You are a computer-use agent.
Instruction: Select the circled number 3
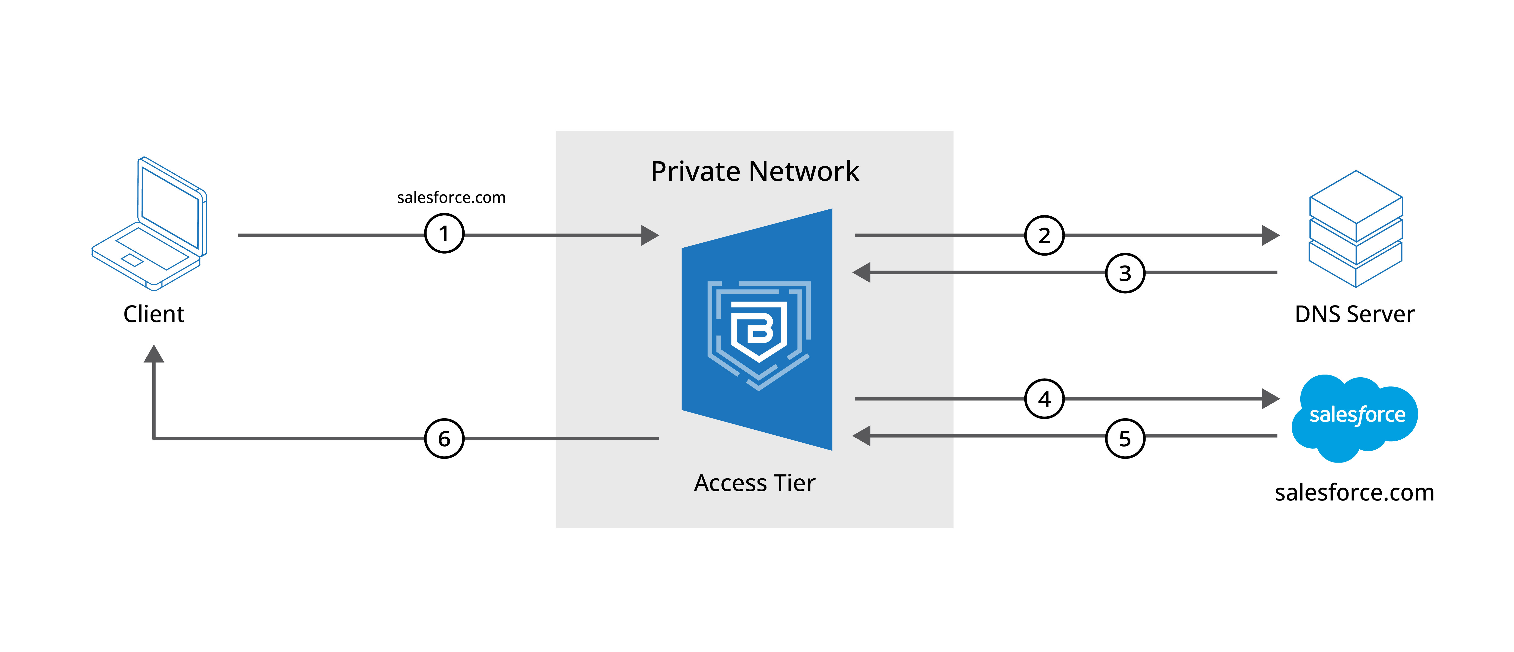[1125, 273]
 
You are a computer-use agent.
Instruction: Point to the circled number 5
[1125, 438]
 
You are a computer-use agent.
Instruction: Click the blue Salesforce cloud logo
[1355, 417]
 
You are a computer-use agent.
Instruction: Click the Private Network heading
[755, 172]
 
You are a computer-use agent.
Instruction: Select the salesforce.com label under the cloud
[1354, 492]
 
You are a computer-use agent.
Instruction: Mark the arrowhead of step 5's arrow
[862, 436]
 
